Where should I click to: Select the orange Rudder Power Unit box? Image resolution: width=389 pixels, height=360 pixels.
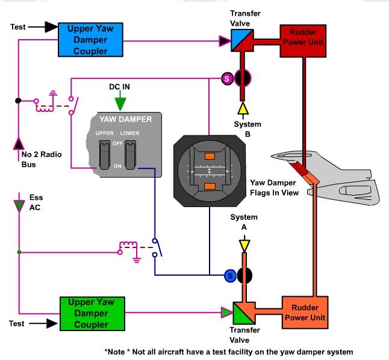[305, 312]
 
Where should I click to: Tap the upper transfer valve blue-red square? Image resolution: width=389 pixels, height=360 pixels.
[242, 41]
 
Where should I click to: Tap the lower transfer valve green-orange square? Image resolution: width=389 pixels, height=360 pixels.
[242, 312]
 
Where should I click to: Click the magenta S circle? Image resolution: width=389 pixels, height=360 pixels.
[227, 78]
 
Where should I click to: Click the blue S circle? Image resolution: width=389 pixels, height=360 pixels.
[229, 275]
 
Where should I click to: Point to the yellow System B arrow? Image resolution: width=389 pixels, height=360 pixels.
[242, 108]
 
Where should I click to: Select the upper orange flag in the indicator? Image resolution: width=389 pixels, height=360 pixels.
[210, 157]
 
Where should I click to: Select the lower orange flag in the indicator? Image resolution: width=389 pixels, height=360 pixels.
[210, 186]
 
